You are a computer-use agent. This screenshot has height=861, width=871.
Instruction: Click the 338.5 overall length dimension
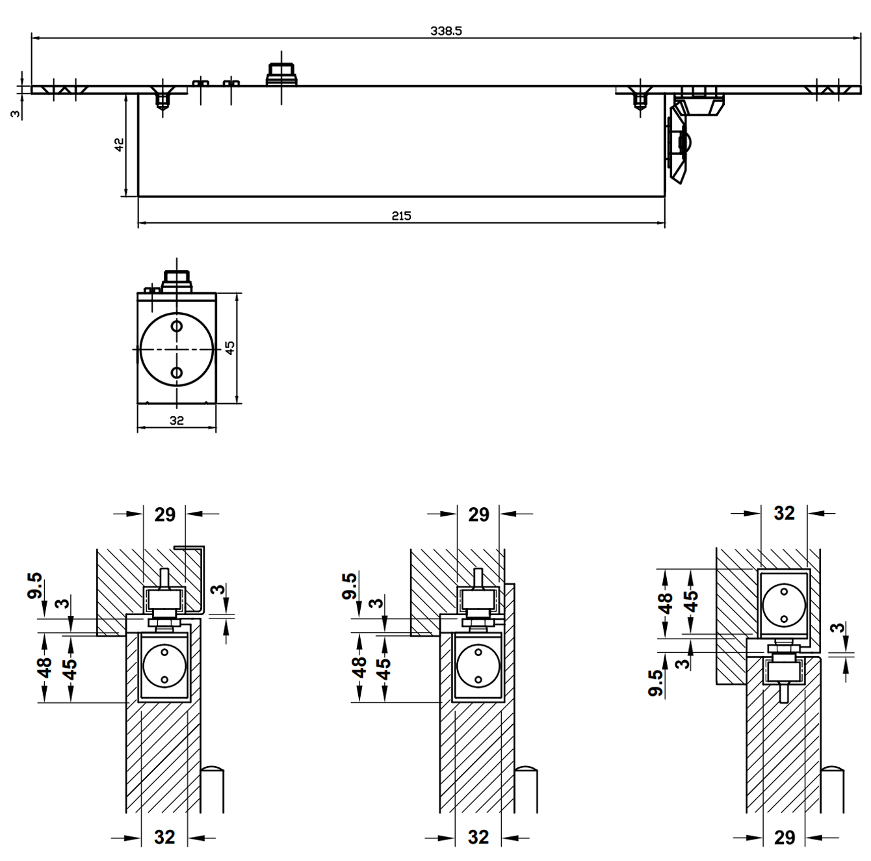(446, 31)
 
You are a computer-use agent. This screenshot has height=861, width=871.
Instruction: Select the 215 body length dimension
(401, 216)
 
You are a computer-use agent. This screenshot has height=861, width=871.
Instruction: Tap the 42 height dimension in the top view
(119, 144)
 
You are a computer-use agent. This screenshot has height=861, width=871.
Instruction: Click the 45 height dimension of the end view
(229, 348)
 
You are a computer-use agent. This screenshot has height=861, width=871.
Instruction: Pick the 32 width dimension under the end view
(176, 421)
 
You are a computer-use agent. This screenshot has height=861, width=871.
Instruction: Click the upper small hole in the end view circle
(176, 325)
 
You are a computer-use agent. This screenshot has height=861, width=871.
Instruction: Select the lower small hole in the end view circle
(176, 372)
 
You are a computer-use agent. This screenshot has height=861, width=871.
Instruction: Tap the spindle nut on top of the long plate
(282, 74)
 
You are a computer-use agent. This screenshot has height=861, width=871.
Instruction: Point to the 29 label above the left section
(165, 514)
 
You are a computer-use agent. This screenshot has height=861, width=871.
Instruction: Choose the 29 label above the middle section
(479, 514)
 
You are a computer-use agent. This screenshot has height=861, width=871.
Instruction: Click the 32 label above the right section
(784, 513)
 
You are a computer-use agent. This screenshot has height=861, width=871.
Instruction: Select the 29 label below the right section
(785, 838)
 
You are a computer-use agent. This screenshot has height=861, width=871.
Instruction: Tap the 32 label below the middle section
(478, 837)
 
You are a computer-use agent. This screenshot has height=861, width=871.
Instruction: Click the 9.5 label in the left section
(35, 585)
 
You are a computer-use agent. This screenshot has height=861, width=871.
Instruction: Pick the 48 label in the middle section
(359, 667)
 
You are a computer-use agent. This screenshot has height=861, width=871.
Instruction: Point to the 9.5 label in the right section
(656, 683)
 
